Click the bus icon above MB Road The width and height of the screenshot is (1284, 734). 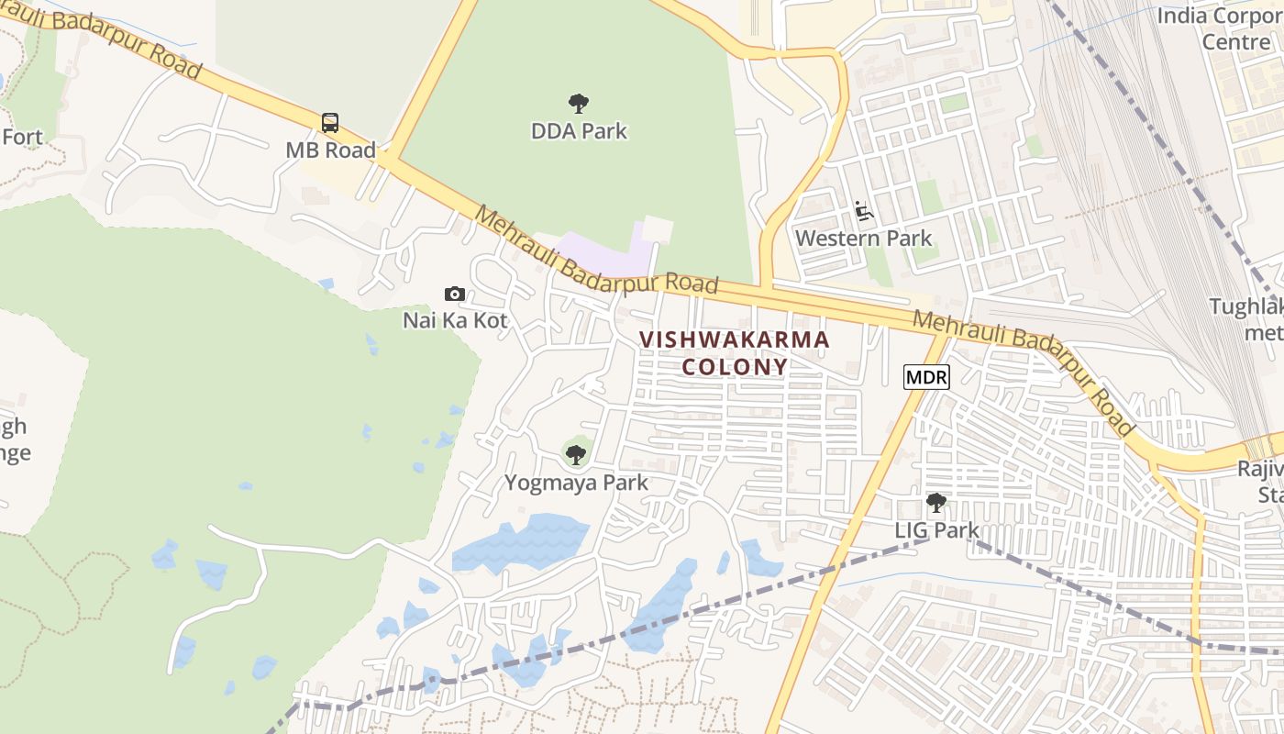pos(329,123)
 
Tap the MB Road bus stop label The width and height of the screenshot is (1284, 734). pos(330,150)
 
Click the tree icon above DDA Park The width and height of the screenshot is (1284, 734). pos(578,103)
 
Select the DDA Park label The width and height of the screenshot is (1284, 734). pos(579,131)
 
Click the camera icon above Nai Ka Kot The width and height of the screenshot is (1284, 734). pos(454,294)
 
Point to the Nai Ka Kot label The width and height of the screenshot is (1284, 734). pos(455,320)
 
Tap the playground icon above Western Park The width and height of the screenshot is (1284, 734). pos(863,212)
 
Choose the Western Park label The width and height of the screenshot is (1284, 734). pos(863,239)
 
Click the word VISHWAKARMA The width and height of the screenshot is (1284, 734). pos(734,339)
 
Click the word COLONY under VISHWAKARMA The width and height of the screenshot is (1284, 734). pos(734,367)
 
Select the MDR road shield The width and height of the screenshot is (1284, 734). pos(926,376)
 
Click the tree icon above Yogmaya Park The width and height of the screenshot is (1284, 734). pos(576,454)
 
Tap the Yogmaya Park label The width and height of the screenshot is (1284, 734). pos(576,483)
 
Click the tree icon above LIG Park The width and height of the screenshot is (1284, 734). pos(935,503)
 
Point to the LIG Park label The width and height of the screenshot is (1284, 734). pos(936,530)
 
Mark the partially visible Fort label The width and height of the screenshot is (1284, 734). pos(22,138)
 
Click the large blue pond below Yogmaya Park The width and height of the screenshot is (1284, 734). pos(523,543)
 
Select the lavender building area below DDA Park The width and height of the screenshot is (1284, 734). pos(601,253)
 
